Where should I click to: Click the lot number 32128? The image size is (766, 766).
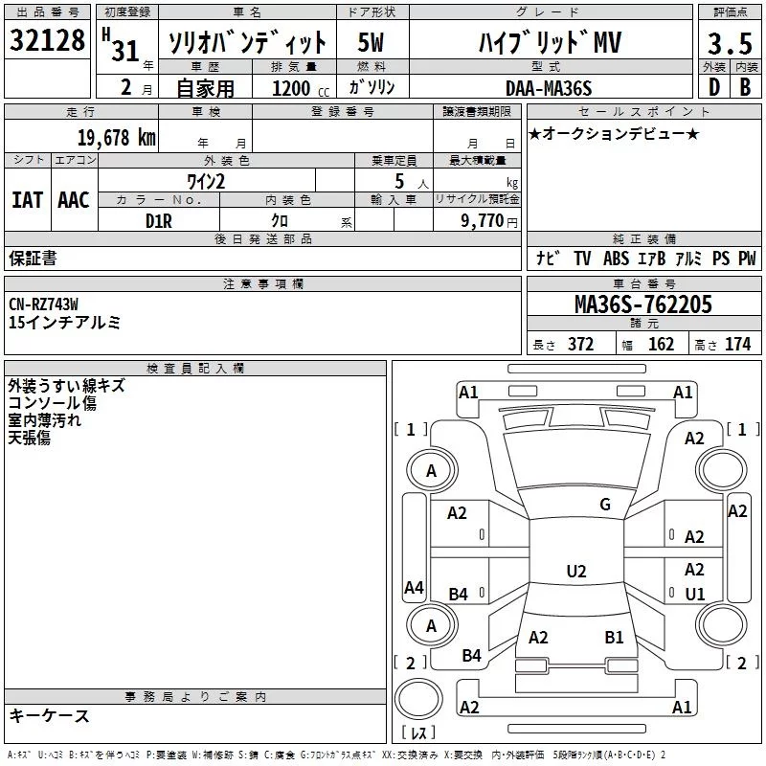coord(47,41)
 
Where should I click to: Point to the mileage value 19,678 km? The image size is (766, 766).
coord(117,138)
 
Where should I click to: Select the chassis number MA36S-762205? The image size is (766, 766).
coord(642,304)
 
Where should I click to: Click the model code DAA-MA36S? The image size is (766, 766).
coord(549,88)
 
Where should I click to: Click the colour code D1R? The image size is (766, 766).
coord(158,221)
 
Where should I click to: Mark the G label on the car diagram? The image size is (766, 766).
coord(604,505)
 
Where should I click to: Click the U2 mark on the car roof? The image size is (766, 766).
coord(575,572)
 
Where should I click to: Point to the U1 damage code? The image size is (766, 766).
coord(695,594)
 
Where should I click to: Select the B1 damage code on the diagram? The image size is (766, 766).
coord(614,637)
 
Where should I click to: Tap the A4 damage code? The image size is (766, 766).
coord(413,588)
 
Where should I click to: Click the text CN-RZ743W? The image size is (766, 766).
coord(43,304)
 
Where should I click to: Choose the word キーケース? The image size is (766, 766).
coord(49,716)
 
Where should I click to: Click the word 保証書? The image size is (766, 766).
coord(33,258)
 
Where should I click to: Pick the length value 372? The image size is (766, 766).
coord(580,345)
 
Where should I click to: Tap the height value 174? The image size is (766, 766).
coord(737,345)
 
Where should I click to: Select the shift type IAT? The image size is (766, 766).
coord(27,200)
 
